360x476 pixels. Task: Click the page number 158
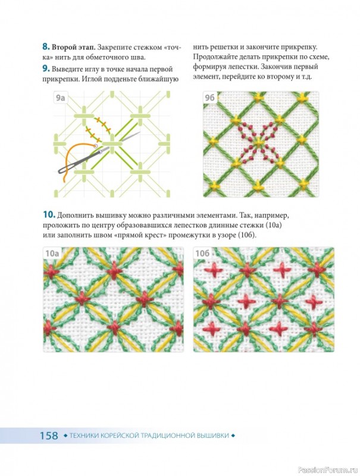coord(49,436)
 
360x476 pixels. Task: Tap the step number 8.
coord(46,47)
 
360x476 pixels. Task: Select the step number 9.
coord(46,68)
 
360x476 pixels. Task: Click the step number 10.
coord(49,215)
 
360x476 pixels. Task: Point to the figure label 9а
coord(60,98)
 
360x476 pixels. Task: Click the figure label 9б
coord(209,98)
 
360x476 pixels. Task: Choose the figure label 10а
coord(52,253)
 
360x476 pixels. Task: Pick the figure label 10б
coord(202,253)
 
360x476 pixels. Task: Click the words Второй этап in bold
coord(73,48)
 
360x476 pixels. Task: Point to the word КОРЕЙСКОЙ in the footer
coord(120,436)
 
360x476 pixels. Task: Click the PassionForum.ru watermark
coord(328,469)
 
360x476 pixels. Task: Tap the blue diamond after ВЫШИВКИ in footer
coord(233,436)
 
